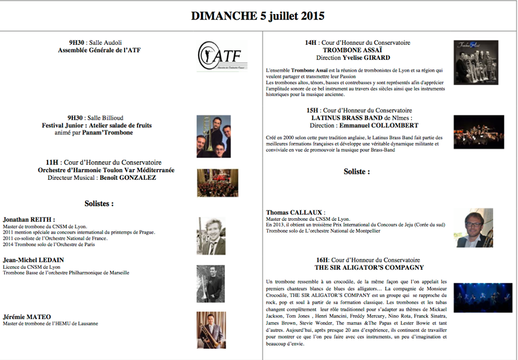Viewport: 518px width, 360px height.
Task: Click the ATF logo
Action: (219, 56)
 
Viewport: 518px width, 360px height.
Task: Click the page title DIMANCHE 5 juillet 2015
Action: (258, 16)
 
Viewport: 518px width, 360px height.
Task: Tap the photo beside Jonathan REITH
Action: (211, 236)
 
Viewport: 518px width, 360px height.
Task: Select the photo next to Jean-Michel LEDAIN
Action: (211, 283)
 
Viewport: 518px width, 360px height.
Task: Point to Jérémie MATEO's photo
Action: (211, 329)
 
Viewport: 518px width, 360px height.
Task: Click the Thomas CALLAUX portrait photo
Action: (474, 228)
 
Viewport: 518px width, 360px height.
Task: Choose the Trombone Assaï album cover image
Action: (475, 62)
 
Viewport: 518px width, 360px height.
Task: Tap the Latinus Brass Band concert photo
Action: (479, 132)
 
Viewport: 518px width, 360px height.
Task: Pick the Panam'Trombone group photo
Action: (213, 136)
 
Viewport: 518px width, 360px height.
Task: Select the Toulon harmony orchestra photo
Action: (217, 182)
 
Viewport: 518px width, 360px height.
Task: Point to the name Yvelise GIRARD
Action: (366, 57)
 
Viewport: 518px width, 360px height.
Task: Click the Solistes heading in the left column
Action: (99, 204)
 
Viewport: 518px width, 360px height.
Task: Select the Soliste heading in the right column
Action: (357, 172)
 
